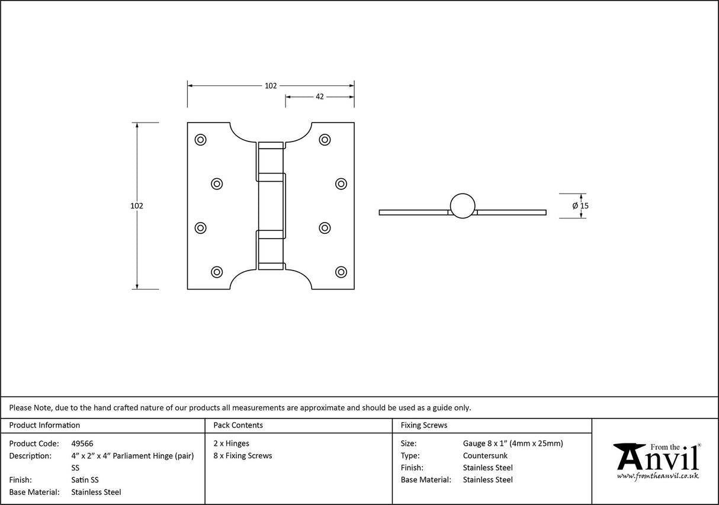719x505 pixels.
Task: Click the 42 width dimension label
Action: (x=319, y=97)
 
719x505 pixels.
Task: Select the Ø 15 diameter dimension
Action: (x=580, y=205)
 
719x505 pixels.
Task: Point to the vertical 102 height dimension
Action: (x=137, y=206)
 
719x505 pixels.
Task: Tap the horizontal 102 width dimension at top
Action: (x=271, y=86)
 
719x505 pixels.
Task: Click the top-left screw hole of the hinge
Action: (x=200, y=140)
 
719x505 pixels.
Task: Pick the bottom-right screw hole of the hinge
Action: (x=341, y=272)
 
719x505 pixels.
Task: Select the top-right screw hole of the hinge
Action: (x=325, y=140)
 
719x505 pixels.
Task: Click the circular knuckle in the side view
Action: (x=463, y=205)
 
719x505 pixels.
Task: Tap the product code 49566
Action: (x=82, y=443)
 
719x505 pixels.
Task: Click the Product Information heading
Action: (x=44, y=425)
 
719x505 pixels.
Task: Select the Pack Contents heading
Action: (x=238, y=425)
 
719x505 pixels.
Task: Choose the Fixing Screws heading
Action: (x=424, y=425)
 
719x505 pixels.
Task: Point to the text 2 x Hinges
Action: (x=232, y=443)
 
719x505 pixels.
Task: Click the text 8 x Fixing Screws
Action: (x=243, y=456)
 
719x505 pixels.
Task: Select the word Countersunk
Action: (x=485, y=456)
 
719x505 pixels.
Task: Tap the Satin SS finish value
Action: (x=85, y=480)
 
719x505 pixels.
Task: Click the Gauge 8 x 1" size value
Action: (x=513, y=443)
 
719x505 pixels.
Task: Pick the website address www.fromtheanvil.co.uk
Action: (x=658, y=476)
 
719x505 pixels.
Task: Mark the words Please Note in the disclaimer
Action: (x=30, y=407)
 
